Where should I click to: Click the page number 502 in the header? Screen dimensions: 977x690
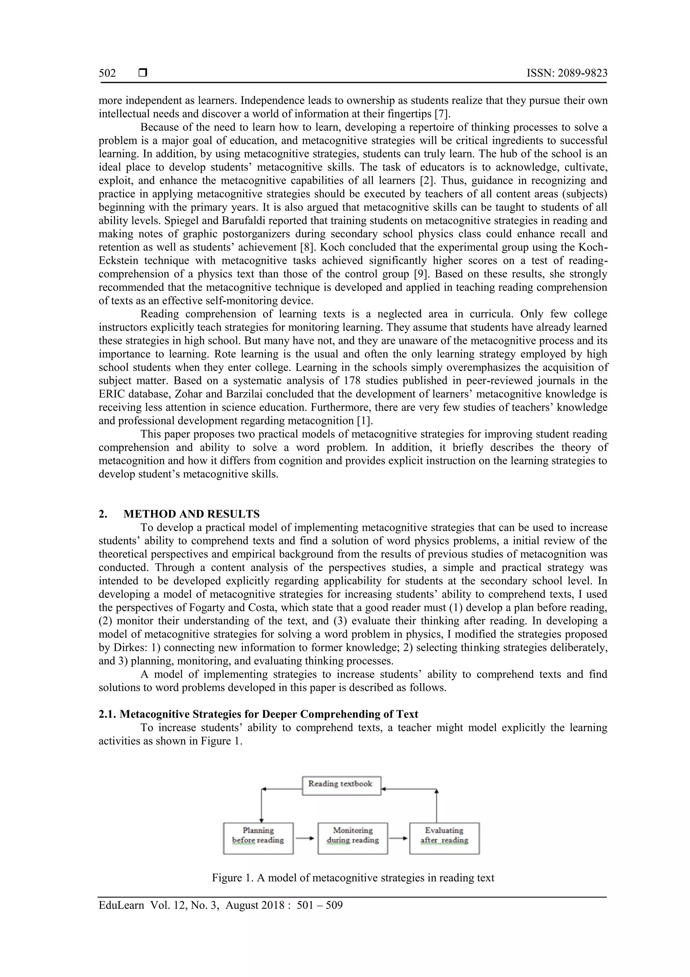[x=107, y=73]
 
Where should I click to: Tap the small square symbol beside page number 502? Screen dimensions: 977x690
[x=143, y=73]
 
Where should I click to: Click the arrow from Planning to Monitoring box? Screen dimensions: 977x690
[x=305, y=838]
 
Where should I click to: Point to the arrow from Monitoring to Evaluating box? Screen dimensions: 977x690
[x=398, y=838]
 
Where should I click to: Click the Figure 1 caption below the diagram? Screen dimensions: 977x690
[x=353, y=878]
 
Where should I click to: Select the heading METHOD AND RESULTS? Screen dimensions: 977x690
[x=191, y=514]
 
